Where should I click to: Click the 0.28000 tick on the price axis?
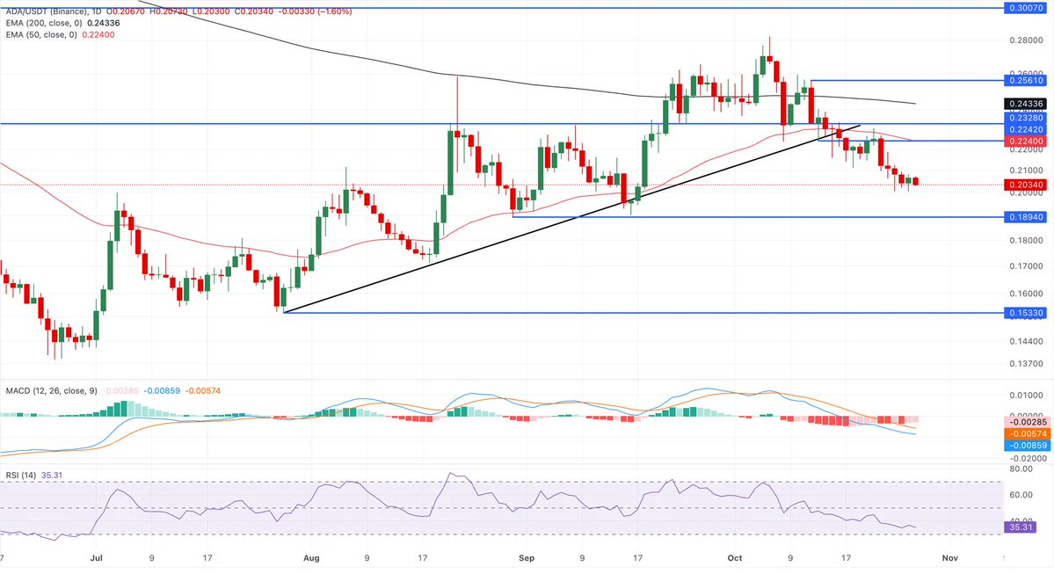tap(1027, 40)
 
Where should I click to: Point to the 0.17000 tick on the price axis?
tap(1027, 266)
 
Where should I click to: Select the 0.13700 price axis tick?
tap(1027, 364)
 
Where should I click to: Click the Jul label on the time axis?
tap(96, 558)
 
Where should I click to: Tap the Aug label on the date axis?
tap(311, 558)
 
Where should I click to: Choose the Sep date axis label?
tap(527, 558)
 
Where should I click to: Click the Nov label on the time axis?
tap(949, 558)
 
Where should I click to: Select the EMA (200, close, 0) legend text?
tap(44, 24)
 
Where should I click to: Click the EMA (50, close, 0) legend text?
tap(41, 35)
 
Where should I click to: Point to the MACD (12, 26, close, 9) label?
tap(51, 390)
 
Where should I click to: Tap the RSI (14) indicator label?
tap(21, 476)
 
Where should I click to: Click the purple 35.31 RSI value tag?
tap(1021, 527)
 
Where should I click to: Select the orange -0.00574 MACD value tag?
tap(1026, 434)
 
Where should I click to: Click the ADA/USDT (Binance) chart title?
tap(47, 11)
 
